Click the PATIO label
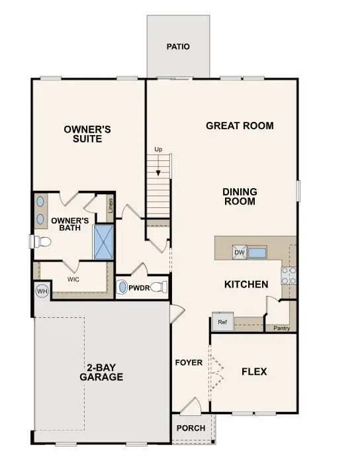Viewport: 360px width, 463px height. pos(178,47)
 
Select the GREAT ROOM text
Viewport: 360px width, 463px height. pos(240,126)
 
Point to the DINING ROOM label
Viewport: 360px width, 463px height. pos(240,197)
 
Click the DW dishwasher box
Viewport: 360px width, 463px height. pos(240,252)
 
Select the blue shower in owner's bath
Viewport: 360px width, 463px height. pos(103,241)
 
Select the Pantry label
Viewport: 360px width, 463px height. pos(281,327)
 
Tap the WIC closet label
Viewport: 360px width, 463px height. pos(73,280)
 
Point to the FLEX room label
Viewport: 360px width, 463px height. pos(254,372)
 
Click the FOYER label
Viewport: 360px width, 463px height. pos(189,363)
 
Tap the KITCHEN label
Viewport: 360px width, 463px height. pos(246,284)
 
